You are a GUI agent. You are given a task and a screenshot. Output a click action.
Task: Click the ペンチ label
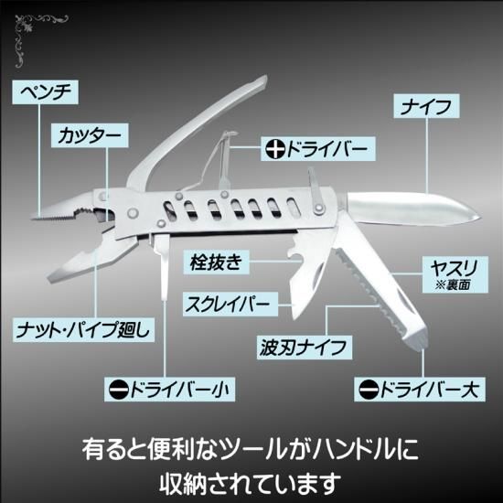click(x=45, y=92)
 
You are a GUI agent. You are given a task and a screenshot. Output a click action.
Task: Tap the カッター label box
click(x=90, y=135)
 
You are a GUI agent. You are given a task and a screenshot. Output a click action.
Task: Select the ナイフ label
click(x=426, y=106)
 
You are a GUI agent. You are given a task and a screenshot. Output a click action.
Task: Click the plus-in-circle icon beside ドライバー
click(x=275, y=149)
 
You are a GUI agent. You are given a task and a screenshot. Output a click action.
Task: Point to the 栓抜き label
click(x=216, y=262)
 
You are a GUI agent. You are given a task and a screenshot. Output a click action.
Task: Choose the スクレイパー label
click(x=230, y=304)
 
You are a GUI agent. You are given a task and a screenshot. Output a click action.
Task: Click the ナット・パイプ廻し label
click(x=83, y=329)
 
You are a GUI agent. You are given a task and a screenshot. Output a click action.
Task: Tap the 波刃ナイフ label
click(x=305, y=348)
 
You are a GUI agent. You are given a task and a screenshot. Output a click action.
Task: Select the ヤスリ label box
click(x=455, y=274)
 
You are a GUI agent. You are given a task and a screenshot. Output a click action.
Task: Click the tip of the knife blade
click(x=480, y=218)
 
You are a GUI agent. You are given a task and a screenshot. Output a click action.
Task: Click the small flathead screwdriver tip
click(x=166, y=296)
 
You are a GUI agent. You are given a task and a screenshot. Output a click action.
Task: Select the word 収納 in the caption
click(x=183, y=483)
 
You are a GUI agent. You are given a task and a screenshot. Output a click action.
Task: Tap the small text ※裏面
click(x=453, y=284)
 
